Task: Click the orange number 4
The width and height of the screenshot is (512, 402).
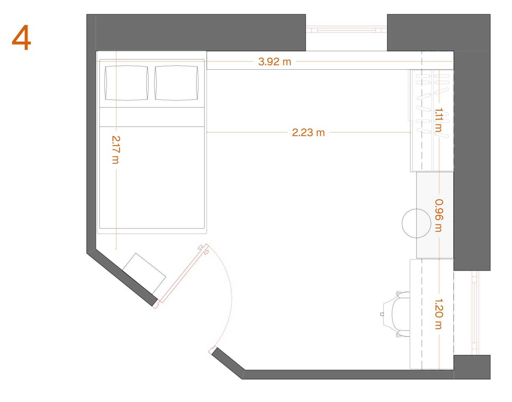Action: pos(21,37)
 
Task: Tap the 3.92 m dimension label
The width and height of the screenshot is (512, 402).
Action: pos(274,62)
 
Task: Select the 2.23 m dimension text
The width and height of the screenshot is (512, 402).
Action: pos(308,133)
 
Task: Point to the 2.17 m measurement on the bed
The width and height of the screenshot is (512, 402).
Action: pos(116,150)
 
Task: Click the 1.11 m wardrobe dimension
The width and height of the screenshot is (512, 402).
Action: pos(439,120)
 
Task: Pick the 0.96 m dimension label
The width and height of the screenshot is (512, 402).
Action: pos(439,216)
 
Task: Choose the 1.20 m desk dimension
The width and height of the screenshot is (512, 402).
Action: pos(439,314)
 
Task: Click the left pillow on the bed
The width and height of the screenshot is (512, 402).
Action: pos(127,83)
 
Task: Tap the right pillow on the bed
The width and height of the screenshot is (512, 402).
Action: pos(176,83)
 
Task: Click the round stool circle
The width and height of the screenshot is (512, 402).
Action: pos(416,223)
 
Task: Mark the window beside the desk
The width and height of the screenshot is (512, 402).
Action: pos(474,313)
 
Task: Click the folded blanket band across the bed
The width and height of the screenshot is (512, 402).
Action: pos(152,117)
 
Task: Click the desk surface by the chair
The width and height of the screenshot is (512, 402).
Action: pos(432,314)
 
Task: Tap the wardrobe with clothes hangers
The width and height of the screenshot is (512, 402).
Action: pos(432,121)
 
